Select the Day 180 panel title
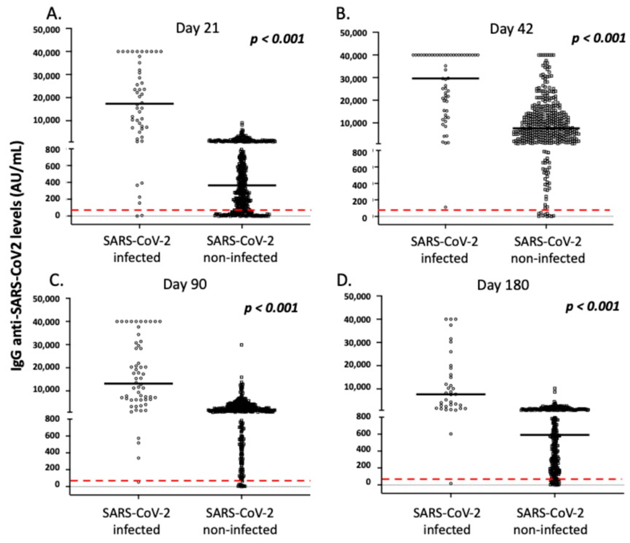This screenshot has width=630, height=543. [503, 285]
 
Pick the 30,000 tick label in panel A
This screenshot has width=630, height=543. [50, 75]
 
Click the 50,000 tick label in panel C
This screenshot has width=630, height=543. [50, 299]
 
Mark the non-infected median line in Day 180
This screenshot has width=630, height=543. [555, 435]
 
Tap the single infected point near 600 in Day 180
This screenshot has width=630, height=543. [451, 434]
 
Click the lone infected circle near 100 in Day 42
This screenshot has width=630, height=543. [445, 207]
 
